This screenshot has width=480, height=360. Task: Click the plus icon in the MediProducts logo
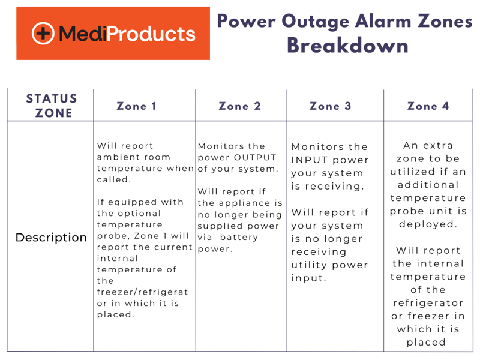[x=43, y=34]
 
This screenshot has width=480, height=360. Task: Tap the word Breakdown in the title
[x=347, y=46]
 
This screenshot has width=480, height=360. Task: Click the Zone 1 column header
[x=136, y=106]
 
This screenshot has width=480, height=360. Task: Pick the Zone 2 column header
[x=239, y=106]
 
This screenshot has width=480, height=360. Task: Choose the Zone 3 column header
[x=330, y=106]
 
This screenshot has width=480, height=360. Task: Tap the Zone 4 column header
[x=428, y=106]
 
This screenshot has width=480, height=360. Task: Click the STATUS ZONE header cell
[x=52, y=106]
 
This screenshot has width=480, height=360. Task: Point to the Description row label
[x=51, y=238]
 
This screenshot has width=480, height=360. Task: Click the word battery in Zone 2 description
[x=243, y=238]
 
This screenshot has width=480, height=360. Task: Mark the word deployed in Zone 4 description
[x=425, y=224]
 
